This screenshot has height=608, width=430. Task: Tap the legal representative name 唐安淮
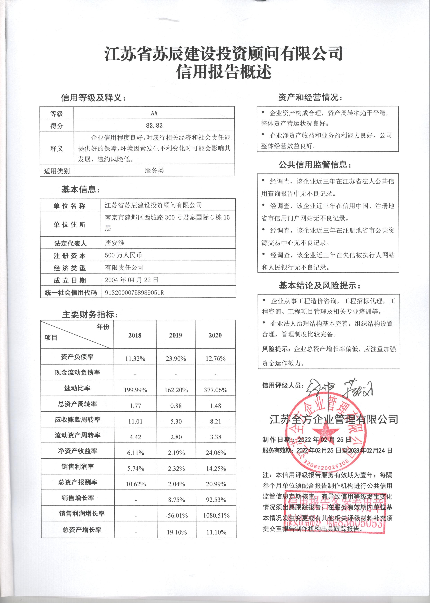pyautogui.click(x=114, y=243)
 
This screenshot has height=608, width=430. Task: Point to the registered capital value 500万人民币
pyautogui.click(x=123, y=255)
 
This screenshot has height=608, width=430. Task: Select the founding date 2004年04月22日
pyautogui.click(x=132, y=280)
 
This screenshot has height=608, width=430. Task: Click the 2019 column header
pyautogui.click(x=176, y=335)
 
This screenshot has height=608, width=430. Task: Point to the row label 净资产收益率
pyautogui.click(x=77, y=451)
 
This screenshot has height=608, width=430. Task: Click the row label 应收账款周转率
pyautogui.click(x=77, y=419)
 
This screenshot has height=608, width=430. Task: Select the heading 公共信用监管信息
pyautogui.click(x=315, y=165)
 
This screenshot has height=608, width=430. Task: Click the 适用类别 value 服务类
pyautogui.click(x=154, y=170)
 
